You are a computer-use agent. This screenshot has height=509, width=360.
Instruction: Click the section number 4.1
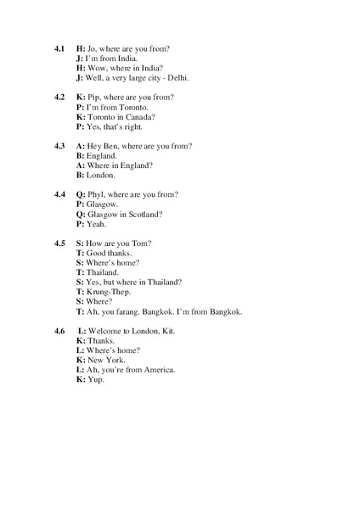point(60,49)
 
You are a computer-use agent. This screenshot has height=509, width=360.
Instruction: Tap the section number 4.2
point(60,98)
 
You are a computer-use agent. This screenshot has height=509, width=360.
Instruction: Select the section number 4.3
point(60,146)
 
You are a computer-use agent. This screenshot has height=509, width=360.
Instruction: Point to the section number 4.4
point(60,194)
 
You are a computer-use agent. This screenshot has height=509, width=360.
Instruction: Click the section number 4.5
point(60,243)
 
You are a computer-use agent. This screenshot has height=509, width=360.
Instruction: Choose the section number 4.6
point(60,330)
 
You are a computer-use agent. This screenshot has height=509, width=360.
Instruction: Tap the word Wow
point(95,69)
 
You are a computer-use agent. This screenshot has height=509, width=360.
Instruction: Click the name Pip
point(93,98)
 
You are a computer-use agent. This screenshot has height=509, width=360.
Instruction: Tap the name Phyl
point(97,194)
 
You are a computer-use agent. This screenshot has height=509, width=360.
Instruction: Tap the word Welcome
point(105,330)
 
